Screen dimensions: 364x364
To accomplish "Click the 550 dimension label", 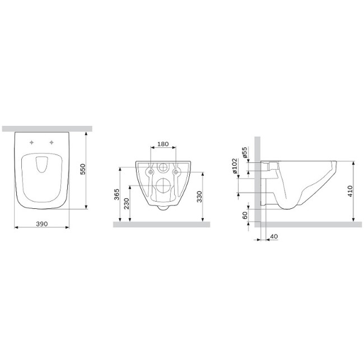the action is pos(83,169).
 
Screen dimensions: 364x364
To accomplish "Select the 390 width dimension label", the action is pos(42,224).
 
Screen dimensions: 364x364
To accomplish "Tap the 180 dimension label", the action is pos(163,144).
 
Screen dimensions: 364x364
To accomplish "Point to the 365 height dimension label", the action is pos(117,194).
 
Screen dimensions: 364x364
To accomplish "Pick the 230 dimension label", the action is pos(127,204).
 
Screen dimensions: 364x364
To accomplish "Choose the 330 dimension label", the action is pos(199,197).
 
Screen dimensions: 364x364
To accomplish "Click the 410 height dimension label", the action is pos(350,191).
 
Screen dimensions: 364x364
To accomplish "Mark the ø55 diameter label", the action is pos(245,152).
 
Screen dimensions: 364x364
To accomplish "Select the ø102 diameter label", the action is pos(235,166).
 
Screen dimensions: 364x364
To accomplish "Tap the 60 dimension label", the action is pos(245,216).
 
